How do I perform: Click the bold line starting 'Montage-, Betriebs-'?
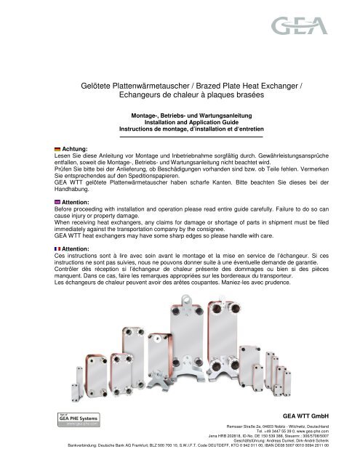point(180,115)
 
